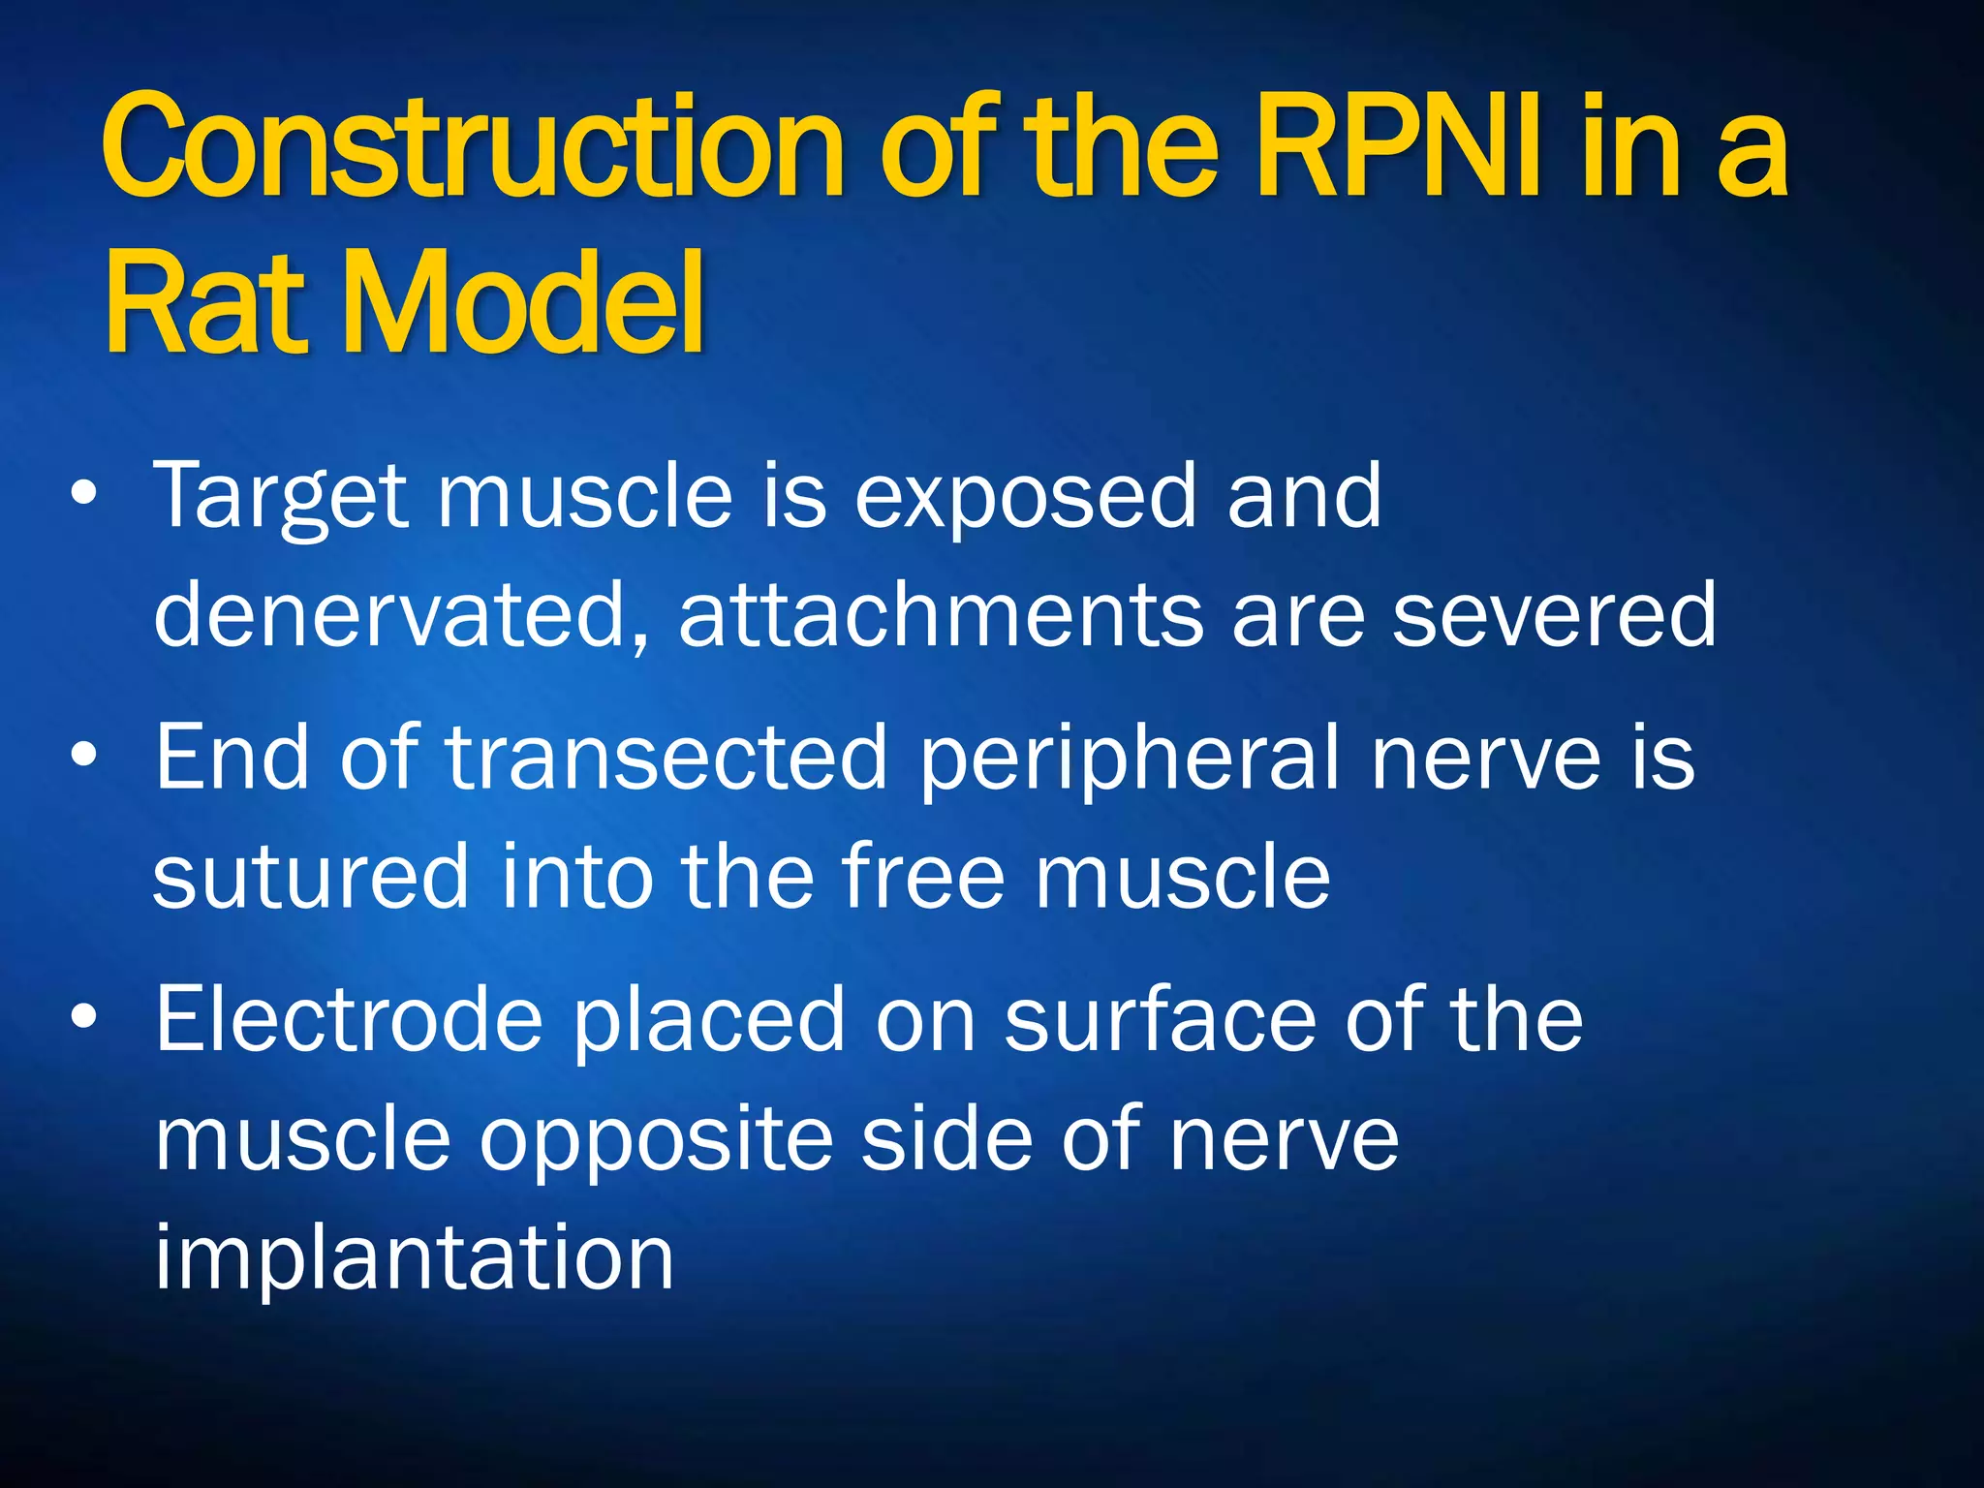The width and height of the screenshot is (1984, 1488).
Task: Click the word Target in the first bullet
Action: click(281, 498)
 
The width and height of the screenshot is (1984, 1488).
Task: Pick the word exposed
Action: click(1023, 500)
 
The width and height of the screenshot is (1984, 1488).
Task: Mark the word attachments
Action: click(940, 614)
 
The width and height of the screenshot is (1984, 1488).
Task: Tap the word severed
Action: click(1554, 614)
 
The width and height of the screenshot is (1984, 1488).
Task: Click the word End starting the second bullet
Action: click(232, 758)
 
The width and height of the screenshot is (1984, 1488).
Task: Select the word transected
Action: click(666, 758)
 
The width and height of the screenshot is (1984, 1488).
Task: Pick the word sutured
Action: click(310, 876)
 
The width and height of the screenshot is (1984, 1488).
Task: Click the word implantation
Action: click(414, 1257)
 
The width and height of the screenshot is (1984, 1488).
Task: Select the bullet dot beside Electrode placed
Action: click(84, 1017)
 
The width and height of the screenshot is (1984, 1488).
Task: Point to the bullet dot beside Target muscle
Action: click(84, 494)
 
